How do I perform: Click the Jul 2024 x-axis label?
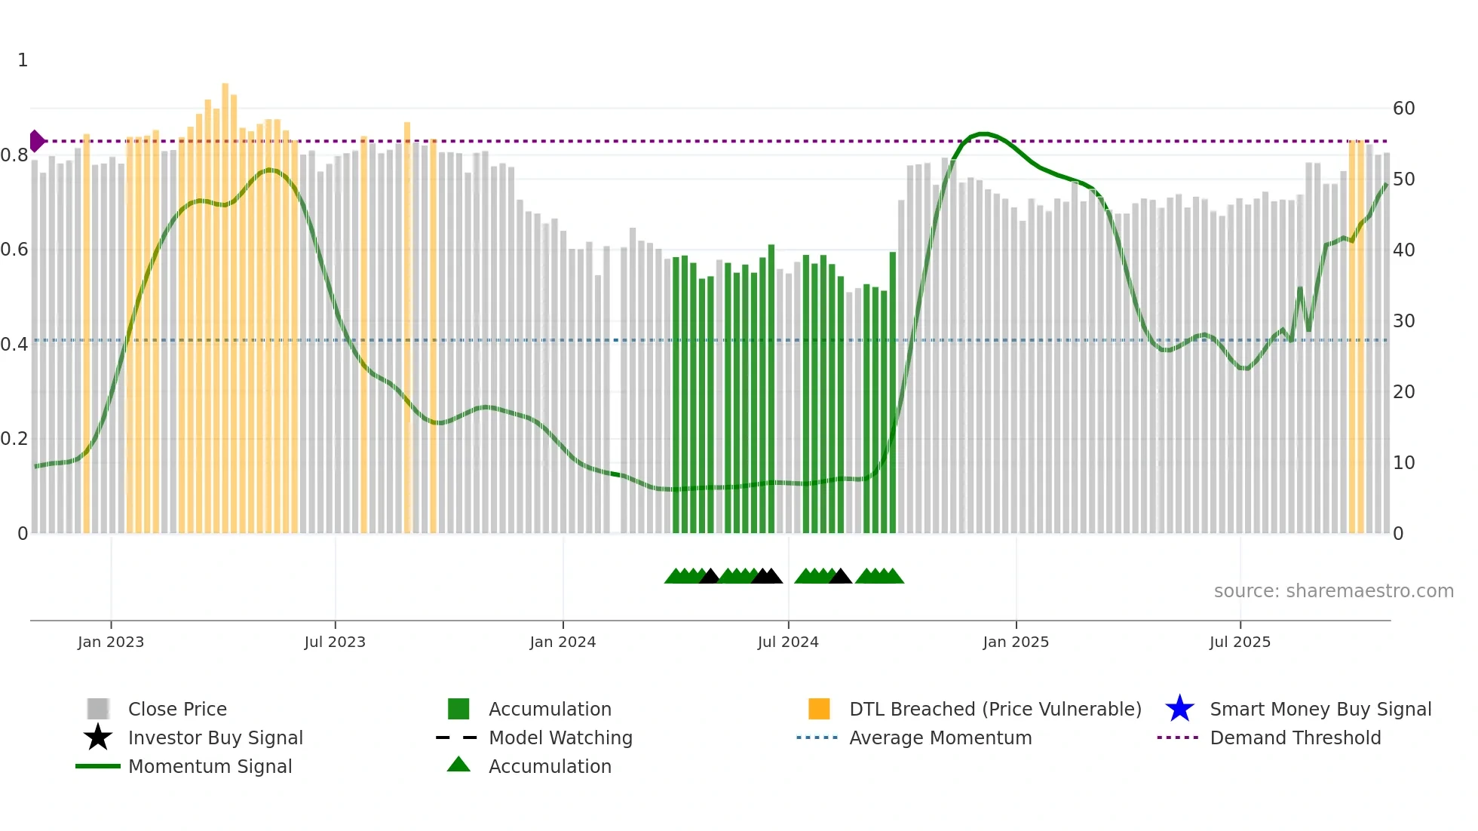pos(788,642)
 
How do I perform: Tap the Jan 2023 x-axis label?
pos(111,642)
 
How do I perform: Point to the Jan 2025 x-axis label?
pos(1016,642)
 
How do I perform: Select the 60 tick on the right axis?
pos(1403,109)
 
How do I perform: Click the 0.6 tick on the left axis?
pos(14,250)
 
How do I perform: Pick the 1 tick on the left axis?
pos(23,60)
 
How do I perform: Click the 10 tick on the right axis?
pos(1403,463)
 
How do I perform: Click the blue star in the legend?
pos(1179,709)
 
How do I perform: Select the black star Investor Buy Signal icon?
pos(98,737)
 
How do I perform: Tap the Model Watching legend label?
pos(560,737)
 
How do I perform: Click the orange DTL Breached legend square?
pos(819,709)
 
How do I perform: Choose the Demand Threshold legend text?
pos(1295,737)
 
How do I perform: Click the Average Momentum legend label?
pos(940,737)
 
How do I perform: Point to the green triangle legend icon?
pos(458,765)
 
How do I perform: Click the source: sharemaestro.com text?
pos(1333,591)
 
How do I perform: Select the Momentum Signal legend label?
pos(210,766)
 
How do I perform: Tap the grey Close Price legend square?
pos(98,709)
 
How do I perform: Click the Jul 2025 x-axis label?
pos(1240,642)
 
